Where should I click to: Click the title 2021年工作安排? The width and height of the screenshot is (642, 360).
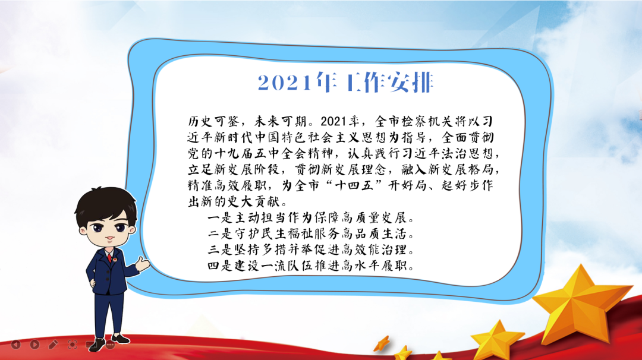tap(345, 83)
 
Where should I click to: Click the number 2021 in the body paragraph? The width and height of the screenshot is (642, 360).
tap(333, 122)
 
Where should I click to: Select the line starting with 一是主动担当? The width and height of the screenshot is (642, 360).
tap(311, 217)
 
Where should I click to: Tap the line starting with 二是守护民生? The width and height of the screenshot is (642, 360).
tap(311, 233)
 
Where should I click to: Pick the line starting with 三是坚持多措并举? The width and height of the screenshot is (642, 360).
tap(311, 250)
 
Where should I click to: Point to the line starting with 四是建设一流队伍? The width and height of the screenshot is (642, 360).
tap(311, 266)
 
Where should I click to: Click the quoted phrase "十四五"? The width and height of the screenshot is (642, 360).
tap(354, 185)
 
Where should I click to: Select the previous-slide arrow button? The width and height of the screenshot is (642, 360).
tap(16, 345)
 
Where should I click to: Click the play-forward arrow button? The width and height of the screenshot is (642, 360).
tap(35, 345)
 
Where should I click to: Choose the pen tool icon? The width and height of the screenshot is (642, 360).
tap(53, 345)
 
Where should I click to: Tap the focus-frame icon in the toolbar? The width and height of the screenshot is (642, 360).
tap(73, 345)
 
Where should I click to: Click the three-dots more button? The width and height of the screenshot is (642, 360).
tap(110, 345)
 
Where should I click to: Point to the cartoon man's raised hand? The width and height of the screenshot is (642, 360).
tap(143, 263)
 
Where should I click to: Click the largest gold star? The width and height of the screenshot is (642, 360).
tap(581, 305)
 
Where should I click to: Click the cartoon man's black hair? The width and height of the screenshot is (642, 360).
tap(106, 204)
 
